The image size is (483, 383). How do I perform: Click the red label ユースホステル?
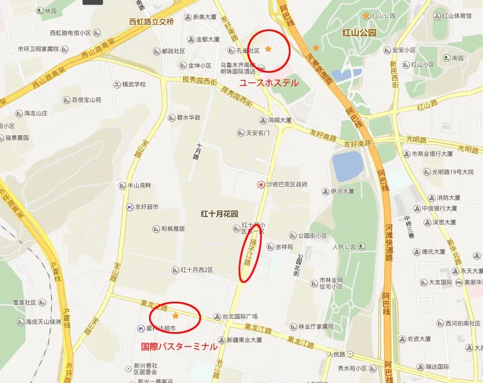pyautogui.click(x=268, y=83)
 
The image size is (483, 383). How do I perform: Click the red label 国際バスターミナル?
pyautogui.click(x=179, y=347)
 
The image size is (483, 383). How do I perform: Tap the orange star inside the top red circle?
pyautogui.click(x=269, y=49)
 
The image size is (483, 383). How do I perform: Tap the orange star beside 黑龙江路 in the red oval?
pyautogui.click(x=175, y=316)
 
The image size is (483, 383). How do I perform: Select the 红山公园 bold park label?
pyautogui.click(x=359, y=33)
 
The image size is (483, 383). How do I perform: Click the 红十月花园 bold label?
pyautogui.click(x=219, y=213)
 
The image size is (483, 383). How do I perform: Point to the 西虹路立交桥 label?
pyautogui.click(x=152, y=22)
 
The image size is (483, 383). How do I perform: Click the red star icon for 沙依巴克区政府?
pyautogui.click(x=261, y=184)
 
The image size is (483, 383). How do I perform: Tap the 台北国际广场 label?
pyautogui.click(x=241, y=316)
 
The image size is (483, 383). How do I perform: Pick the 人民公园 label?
pyautogui.click(x=344, y=247)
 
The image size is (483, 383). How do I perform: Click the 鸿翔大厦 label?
pyautogui.click(x=279, y=120)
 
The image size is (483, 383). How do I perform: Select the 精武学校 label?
pyautogui.click(x=134, y=84)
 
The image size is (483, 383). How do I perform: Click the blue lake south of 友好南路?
pyautogui.click(x=347, y=166)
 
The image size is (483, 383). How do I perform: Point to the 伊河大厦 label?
pyautogui.click(x=342, y=191)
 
